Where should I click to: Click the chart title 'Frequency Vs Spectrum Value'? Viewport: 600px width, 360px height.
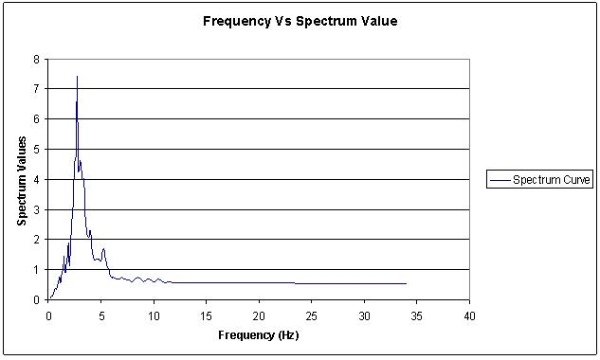pos(300,21)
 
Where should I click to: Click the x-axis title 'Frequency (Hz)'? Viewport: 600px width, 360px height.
pos(258,335)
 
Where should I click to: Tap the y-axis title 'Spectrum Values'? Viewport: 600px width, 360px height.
pos(22,179)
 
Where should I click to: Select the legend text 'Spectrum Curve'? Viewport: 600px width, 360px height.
pos(552,179)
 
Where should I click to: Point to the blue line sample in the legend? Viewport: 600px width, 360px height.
pos(500,179)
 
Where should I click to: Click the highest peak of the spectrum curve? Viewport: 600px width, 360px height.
pos(77,76)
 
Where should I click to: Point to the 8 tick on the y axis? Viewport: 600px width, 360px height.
pos(36,59)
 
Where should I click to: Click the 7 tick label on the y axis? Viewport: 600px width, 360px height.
pos(36,89)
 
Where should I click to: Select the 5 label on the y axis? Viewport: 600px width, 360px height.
pos(36,149)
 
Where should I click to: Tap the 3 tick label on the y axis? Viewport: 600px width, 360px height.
pos(36,209)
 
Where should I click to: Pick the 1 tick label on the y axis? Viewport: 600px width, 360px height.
pos(36,269)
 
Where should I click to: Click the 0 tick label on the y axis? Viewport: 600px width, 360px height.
pos(36,299)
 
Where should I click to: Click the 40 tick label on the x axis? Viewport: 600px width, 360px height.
pos(469,315)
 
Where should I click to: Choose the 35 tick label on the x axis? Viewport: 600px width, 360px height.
pos(417,315)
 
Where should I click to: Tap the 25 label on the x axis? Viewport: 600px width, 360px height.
pos(312,315)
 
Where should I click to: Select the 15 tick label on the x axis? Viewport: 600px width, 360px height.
pos(207,315)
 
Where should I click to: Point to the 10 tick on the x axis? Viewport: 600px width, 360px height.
pos(154,315)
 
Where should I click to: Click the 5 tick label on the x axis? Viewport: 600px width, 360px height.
pos(101,315)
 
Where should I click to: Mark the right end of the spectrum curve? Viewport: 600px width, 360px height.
pos(406,283)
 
